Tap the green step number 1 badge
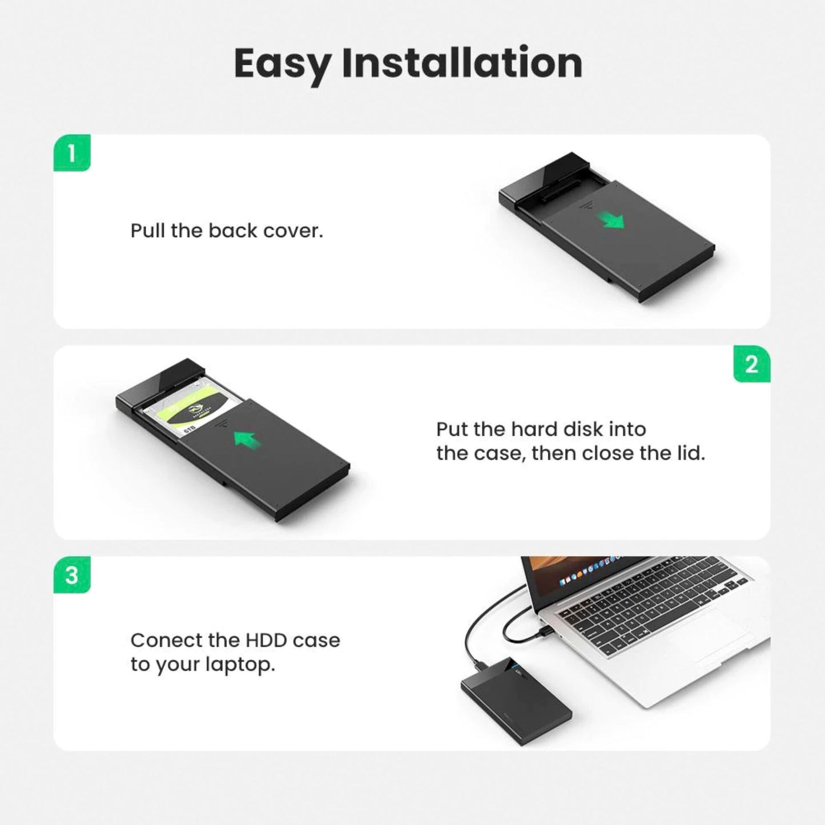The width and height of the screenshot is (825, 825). [72, 153]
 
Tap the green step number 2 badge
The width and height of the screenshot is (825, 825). [751, 364]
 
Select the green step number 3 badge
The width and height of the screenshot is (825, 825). [72, 575]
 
